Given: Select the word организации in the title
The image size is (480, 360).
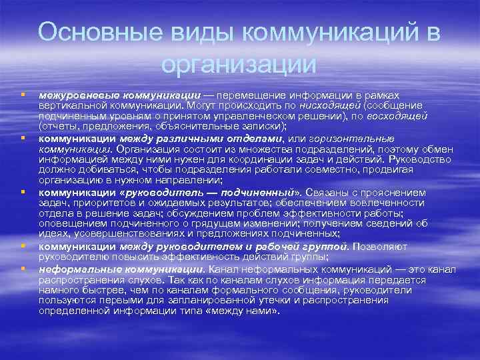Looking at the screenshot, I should point(239,65).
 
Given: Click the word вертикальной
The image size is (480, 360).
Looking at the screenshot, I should point(68,105).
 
